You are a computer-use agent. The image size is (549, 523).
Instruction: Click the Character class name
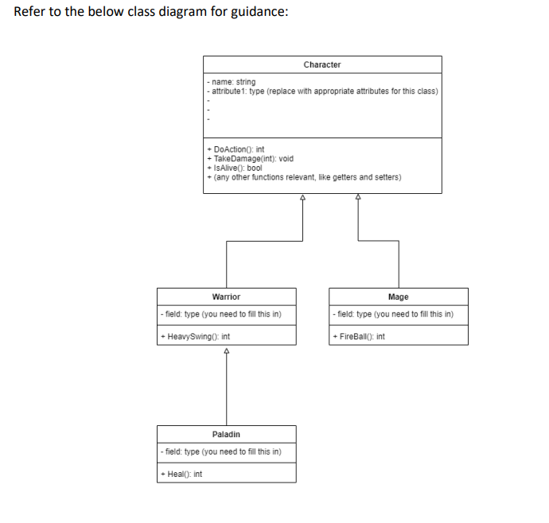pyautogui.click(x=322, y=64)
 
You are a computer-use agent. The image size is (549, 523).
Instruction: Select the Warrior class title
pyautogui.click(x=226, y=296)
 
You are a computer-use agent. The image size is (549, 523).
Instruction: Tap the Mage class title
pyautogui.click(x=399, y=296)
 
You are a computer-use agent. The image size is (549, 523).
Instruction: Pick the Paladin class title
pyautogui.click(x=226, y=434)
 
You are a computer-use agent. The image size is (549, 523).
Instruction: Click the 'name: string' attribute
pyautogui.click(x=232, y=83)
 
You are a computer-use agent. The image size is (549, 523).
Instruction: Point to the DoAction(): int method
pyautogui.click(x=236, y=149)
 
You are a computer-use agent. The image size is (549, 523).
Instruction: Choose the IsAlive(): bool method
pyautogui.click(x=235, y=168)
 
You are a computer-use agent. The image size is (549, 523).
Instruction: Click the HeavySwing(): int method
pyautogui.click(x=196, y=336)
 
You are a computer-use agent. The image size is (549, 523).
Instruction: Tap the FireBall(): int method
pyautogui.click(x=361, y=336)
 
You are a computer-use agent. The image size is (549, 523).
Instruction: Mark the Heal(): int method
pyautogui.click(x=181, y=474)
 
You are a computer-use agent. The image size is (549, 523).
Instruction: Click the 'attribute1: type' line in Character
pyautogui.click(x=321, y=91)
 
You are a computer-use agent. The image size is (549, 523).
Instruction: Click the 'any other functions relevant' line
pyautogui.click(x=303, y=176)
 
